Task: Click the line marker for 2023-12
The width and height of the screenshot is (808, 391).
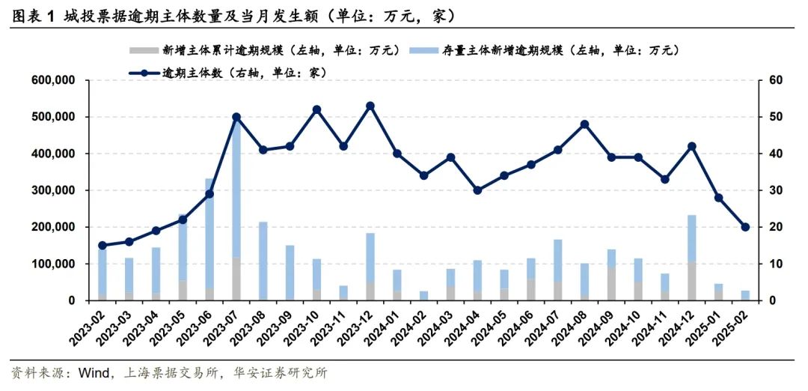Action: click(x=370, y=106)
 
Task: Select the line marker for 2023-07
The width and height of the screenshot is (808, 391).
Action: click(x=236, y=117)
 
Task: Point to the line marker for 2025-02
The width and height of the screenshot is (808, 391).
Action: click(x=745, y=227)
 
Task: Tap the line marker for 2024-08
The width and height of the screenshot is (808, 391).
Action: click(x=584, y=124)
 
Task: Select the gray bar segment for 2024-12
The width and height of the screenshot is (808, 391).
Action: click(x=691, y=281)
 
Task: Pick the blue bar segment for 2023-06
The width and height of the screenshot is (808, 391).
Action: click(x=209, y=232)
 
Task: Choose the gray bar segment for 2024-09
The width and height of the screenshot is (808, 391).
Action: click(x=611, y=284)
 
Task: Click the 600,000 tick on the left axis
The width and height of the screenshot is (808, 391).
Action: click(x=53, y=80)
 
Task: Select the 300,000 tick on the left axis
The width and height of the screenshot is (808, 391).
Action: click(x=53, y=190)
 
